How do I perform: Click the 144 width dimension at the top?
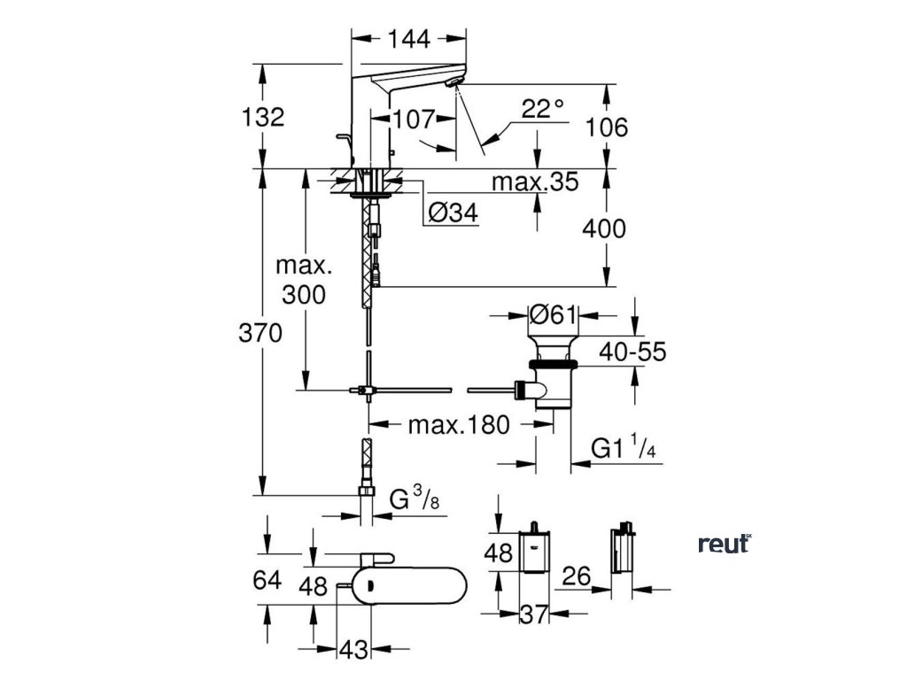[x=409, y=39]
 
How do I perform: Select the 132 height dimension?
[x=262, y=117]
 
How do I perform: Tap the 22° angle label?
[x=543, y=108]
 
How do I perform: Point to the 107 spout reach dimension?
[x=415, y=120]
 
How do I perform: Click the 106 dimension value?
[x=606, y=127]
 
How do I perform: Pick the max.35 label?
[x=535, y=182]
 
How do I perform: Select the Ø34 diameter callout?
[x=453, y=212]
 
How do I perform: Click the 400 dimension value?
[x=604, y=229]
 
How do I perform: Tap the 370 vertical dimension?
[x=260, y=333]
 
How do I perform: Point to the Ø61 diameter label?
[x=554, y=315]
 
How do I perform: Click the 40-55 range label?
[x=632, y=352]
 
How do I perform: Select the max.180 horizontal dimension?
[x=460, y=425]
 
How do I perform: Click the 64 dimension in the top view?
[x=267, y=580]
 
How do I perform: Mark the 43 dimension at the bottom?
[x=353, y=650]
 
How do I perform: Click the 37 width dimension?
[x=533, y=614]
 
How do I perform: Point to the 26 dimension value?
[x=576, y=576]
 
